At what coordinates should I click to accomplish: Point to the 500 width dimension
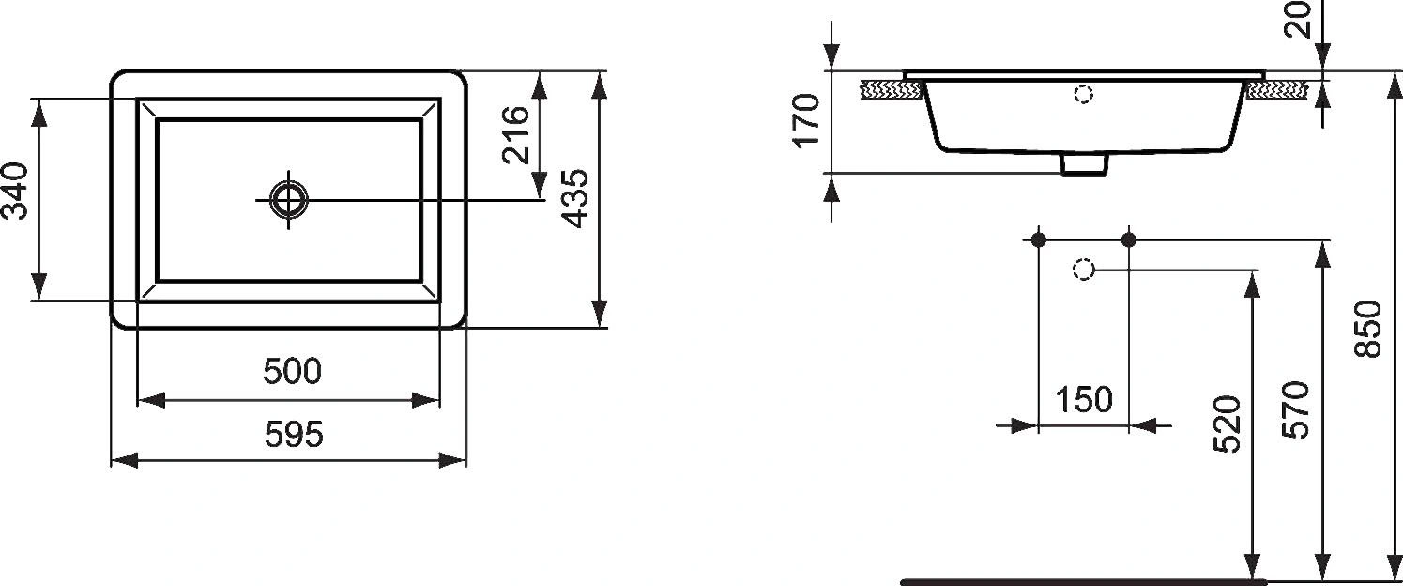pyautogui.click(x=292, y=372)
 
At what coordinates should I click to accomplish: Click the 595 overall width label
pyautogui.click(x=292, y=434)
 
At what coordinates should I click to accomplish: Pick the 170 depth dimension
pyautogui.click(x=807, y=120)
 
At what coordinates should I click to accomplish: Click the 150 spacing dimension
pyautogui.click(x=1084, y=401)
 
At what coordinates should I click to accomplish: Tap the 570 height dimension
pyautogui.click(x=1296, y=409)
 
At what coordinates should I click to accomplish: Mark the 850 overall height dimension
pyautogui.click(x=1368, y=329)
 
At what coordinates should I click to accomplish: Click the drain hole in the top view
pyautogui.click(x=289, y=198)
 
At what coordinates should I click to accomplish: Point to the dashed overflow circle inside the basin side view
pyautogui.click(x=1084, y=94)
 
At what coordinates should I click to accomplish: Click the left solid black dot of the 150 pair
pyautogui.click(x=1038, y=239)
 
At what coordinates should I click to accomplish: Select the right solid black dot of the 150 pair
pyautogui.click(x=1129, y=239)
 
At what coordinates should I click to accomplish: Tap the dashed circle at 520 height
pyautogui.click(x=1083, y=270)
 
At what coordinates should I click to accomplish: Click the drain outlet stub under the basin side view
pyautogui.click(x=1084, y=164)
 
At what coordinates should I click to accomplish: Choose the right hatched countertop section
pyautogui.click(x=1277, y=90)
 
